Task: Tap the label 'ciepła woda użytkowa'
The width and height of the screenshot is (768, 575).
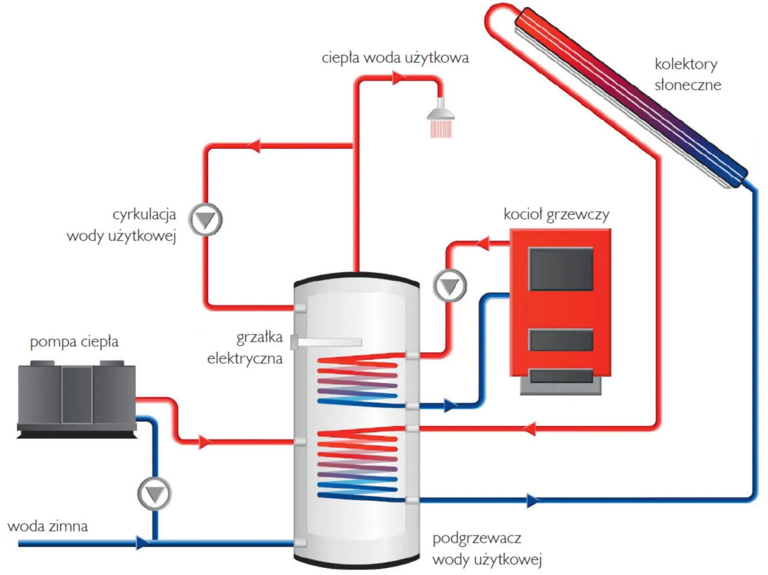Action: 395,58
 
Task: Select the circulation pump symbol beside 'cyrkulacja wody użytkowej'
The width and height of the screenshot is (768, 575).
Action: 206,220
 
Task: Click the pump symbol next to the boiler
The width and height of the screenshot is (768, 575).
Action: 449,286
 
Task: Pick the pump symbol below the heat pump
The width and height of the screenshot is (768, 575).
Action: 155,494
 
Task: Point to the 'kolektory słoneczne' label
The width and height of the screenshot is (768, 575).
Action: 687,74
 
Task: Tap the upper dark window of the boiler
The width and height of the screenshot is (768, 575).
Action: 560,269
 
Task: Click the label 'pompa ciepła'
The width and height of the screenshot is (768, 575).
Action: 74,342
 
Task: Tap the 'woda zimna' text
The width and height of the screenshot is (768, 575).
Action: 47,526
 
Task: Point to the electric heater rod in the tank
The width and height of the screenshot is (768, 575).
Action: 327,342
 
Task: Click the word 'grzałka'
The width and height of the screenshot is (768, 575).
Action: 259,337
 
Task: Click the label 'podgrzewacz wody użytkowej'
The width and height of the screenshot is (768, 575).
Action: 487,549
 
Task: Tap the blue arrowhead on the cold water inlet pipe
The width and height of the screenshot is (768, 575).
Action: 142,543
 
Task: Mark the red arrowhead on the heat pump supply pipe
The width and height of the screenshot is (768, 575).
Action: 205,443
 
